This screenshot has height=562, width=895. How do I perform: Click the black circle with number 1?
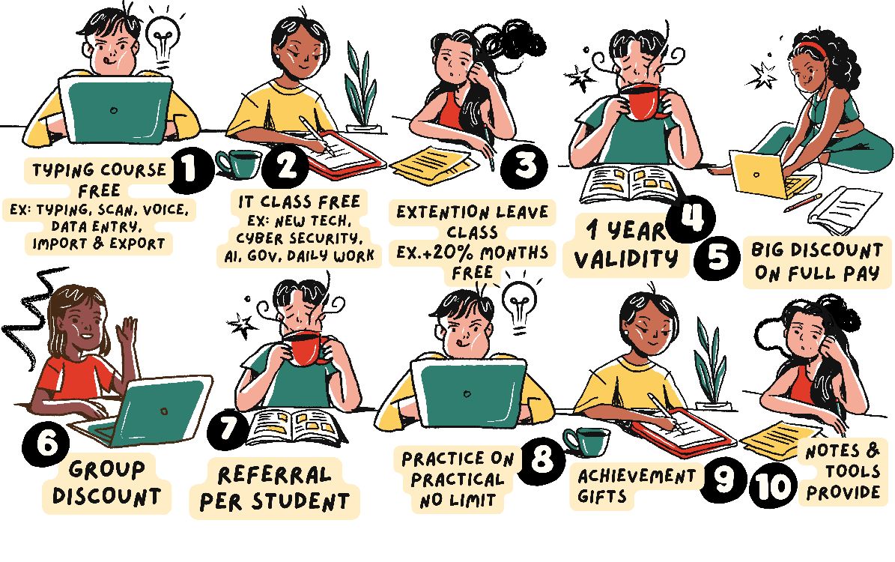190,169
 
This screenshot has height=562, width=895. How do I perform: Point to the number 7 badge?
229,429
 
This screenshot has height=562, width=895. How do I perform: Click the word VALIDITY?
626,259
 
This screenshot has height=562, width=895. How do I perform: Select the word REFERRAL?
274,474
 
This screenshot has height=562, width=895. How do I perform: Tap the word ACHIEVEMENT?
637,476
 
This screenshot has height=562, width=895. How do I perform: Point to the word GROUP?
107,470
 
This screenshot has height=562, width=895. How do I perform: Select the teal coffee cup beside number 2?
239,163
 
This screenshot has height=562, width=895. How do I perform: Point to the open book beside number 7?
297,427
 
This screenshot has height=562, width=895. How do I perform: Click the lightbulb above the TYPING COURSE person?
163,36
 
